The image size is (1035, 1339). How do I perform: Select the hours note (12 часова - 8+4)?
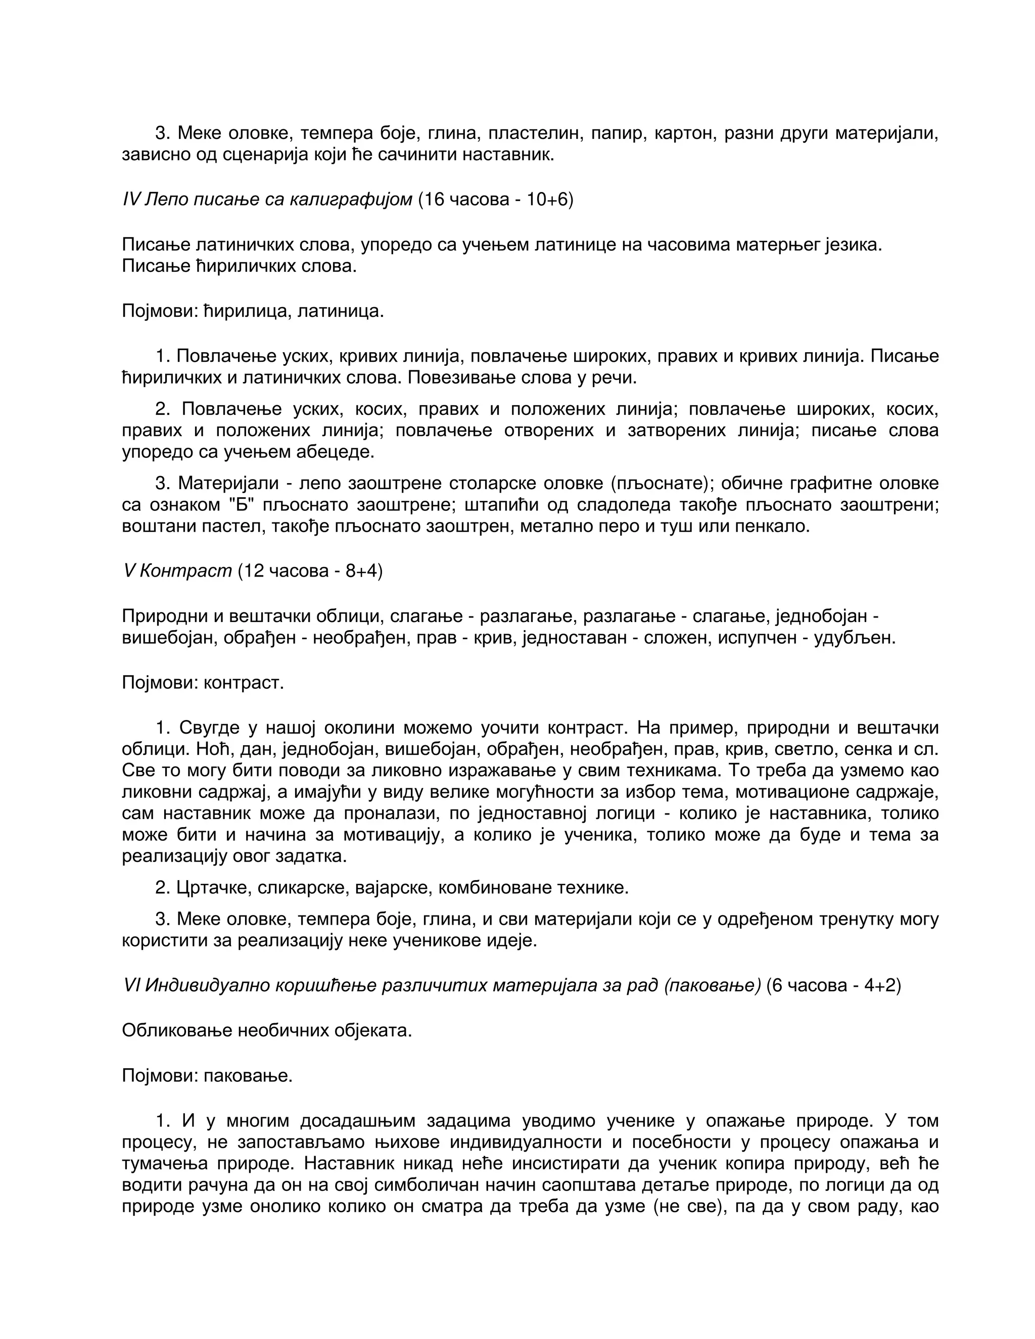(310, 571)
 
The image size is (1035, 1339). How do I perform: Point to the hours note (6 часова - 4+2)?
(833, 985)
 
